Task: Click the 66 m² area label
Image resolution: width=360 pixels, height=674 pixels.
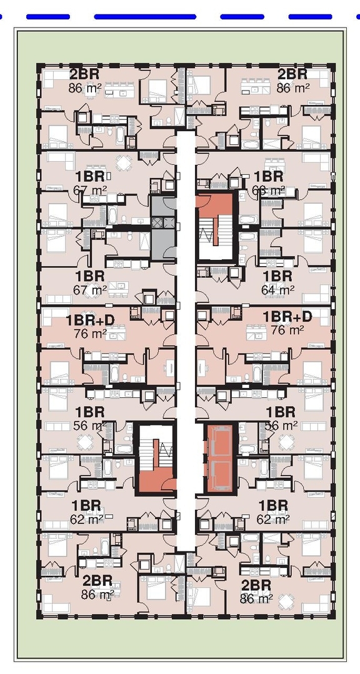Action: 269,190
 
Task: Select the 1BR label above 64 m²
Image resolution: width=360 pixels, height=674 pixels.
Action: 277,276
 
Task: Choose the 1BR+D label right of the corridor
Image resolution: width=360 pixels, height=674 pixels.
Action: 287,317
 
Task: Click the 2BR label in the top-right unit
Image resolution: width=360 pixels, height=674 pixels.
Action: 292,74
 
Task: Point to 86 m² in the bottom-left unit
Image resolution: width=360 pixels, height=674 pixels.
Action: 97,594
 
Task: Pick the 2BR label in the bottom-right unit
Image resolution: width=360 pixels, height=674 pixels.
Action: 256,585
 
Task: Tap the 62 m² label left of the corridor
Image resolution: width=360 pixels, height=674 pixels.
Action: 87,518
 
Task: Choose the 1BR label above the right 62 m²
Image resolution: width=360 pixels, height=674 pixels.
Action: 273,505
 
